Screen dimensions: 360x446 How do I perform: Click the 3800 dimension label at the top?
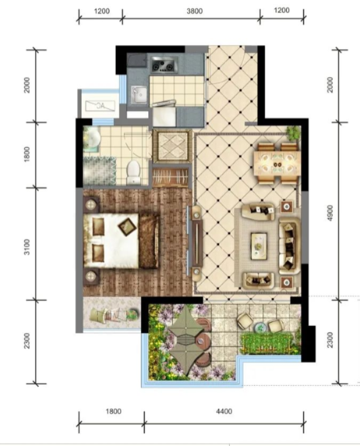pyautogui.click(x=195, y=11)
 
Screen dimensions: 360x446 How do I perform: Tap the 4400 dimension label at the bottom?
pyautogui.click(x=224, y=411)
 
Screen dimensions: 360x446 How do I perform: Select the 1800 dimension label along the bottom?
pyautogui.click(x=113, y=411)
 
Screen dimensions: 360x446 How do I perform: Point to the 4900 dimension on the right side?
pyautogui.click(x=330, y=213)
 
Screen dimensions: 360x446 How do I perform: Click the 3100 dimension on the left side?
pyautogui.click(x=27, y=247)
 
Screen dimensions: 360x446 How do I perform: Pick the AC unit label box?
pyautogui.click(x=101, y=106)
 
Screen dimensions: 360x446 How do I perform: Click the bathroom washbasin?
pyautogui.click(x=91, y=139)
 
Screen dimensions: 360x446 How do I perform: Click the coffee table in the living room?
pyautogui.click(x=259, y=246)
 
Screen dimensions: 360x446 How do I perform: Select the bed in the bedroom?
pyautogui.click(x=121, y=241)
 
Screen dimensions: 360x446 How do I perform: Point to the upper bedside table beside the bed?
pyautogui.click(x=91, y=205)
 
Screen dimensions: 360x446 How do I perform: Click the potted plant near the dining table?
pyautogui.click(x=294, y=133)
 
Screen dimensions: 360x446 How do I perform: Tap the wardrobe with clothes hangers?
pyautogui.click(x=171, y=178)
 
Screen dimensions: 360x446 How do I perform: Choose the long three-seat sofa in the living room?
pyautogui.click(x=289, y=246)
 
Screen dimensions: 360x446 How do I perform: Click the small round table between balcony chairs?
pyautogui.click(x=260, y=328)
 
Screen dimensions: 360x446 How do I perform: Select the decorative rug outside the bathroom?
pyautogui.click(x=172, y=146)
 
